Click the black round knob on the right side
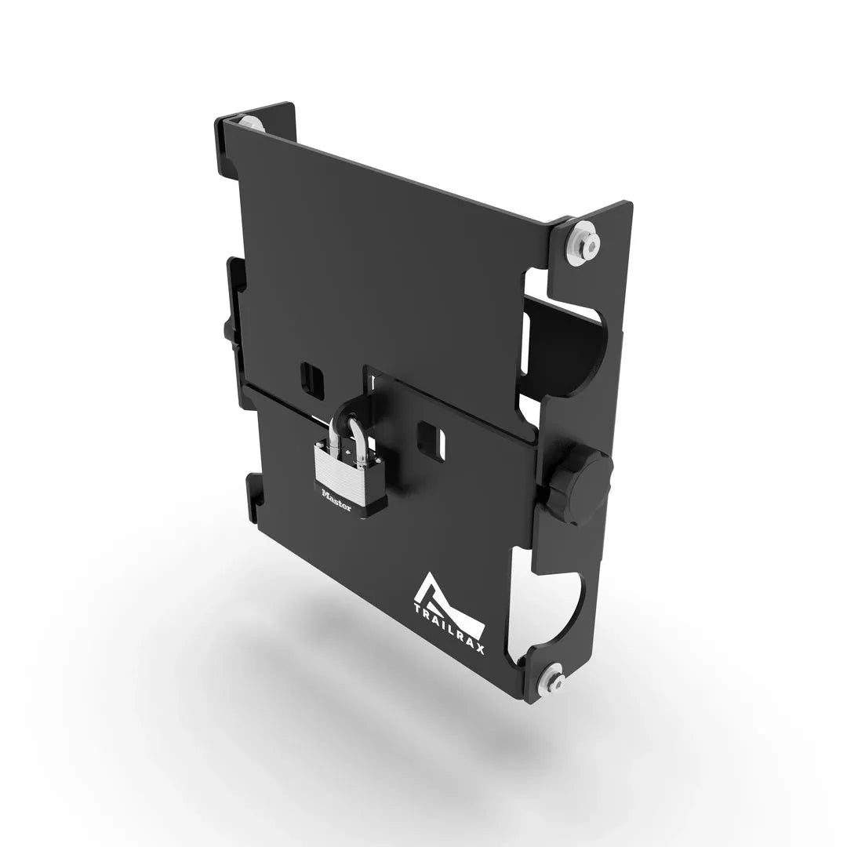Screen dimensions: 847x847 583,491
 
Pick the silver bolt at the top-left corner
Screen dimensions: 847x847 249,123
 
